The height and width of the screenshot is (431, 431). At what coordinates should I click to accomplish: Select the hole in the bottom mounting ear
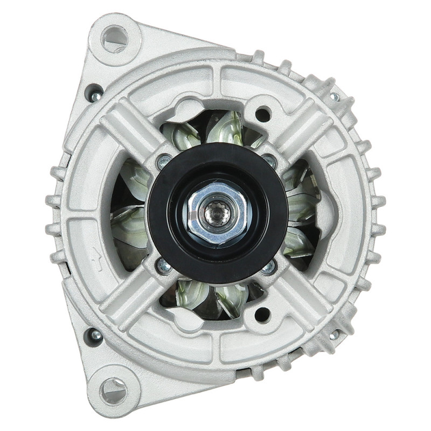[114, 390]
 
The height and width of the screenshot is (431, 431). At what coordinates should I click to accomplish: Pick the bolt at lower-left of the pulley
[164, 266]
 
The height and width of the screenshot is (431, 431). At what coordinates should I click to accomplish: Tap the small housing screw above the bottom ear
[95, 336]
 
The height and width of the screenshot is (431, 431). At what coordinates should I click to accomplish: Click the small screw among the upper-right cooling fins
[335, 98]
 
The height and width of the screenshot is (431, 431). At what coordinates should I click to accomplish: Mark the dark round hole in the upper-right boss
[262, 114]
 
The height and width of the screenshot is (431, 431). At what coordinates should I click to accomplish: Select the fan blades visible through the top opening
[215, 129]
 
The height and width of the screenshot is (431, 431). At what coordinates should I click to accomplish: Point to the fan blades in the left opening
[129, 215]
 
